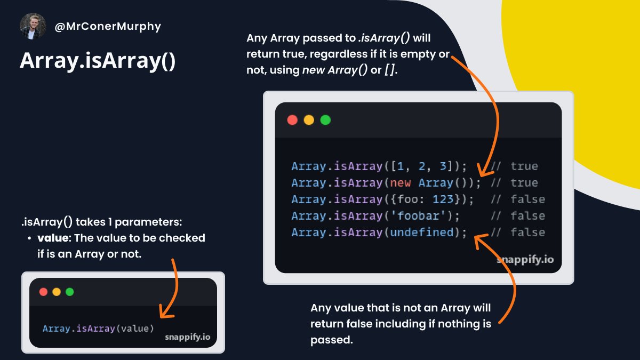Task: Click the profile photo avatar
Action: pyautogui.click(x=33, y=26)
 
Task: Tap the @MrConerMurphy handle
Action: pyautogui.click(x=107, y=26)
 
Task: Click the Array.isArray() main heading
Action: pyautogui.click(x=98, y=61)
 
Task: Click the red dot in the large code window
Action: pyautogui.click(x=292, y=120)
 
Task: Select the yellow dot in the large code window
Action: pyautogui.click(x=309, y=120)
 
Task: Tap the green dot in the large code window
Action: pyautogui.click(x=325, y=120)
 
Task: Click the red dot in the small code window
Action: pyautogui.click(x=44, y=292)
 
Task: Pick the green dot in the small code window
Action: pyautogui.click(x=69, y=292)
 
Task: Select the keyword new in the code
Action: pyautogui.click(x=401, y=183)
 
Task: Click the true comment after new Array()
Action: pyautogui.click(x=524, y=183)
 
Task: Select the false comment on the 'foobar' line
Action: pyautogui.click(x=527, y=216)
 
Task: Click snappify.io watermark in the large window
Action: pyautogui.click(x=525, y=260)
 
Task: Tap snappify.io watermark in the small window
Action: pyautogui.click(x=187, y=337)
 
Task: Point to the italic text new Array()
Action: pyautogui.click(x=334, y=70)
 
